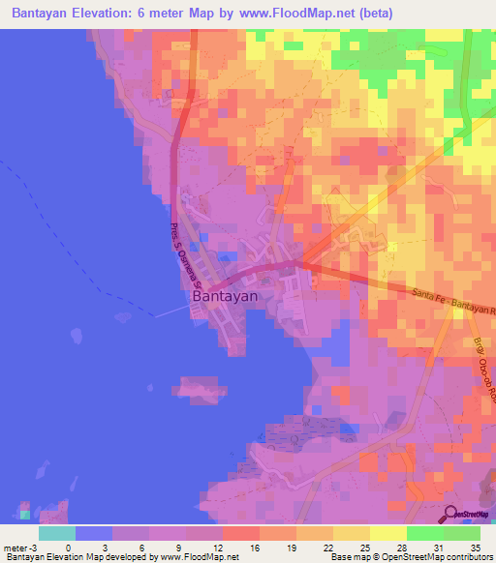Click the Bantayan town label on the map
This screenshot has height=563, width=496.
pos(225,297)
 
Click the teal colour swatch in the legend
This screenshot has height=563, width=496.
pos(56,533)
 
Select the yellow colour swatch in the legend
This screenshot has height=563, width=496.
pos(387,533)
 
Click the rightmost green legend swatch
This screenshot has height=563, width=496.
pos(461,533)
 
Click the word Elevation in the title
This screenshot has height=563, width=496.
pos(112,13)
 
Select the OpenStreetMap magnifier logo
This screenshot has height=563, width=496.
pos(451,516)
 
